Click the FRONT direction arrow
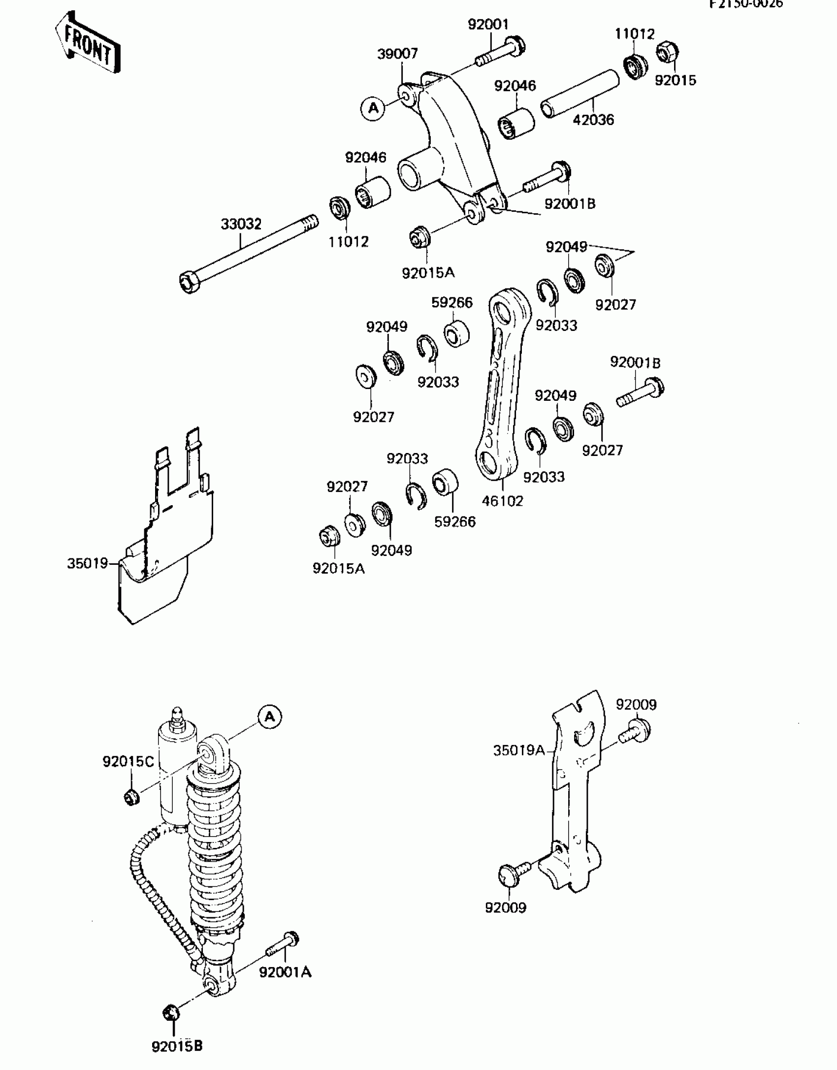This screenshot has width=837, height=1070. point(88,44)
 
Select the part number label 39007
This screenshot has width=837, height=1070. point(397,54)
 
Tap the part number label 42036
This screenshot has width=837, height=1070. point(593,120)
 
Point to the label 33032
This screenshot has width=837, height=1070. point(241,224)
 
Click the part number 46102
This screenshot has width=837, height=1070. point(502,501)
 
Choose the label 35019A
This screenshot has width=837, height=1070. point(519,750)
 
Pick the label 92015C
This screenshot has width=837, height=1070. point(129,762)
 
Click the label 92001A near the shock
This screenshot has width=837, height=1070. point(286,973)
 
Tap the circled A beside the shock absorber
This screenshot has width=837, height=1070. point(270,717)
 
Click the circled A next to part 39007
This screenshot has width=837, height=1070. point(373,108)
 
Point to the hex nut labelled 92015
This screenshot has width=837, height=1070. point(668,51)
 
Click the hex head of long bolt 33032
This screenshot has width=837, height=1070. point(189,283)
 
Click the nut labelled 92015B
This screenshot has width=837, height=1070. point(171,1013)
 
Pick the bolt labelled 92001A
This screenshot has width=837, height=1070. point(284,942)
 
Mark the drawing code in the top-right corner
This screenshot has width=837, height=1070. point(746,4)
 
